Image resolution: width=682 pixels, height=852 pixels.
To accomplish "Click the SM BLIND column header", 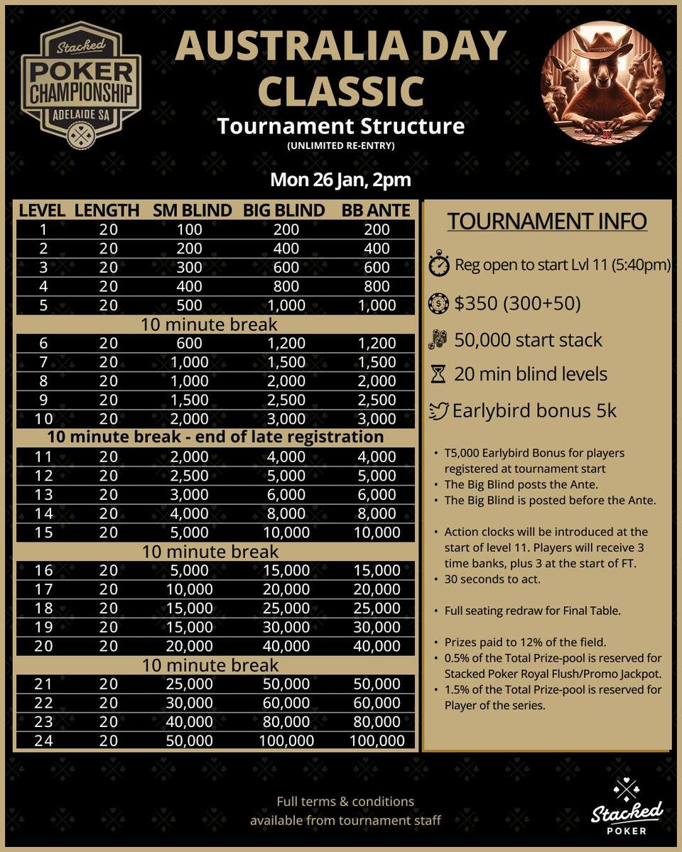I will pos(192,211).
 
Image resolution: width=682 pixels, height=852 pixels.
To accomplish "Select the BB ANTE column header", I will pos(376,211).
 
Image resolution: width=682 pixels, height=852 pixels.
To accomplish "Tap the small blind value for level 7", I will pos(190,362).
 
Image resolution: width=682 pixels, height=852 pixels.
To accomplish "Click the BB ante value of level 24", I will pos(377,741).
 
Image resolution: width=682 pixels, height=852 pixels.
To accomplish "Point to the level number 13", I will pos(44,495).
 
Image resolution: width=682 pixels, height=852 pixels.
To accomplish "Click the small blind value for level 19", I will pos(190,628).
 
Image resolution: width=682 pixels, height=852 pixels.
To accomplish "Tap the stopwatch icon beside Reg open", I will pos(438,266).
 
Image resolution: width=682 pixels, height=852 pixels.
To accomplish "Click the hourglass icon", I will pos(438,374).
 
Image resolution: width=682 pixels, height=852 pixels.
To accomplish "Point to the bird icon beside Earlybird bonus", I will pos(439,411).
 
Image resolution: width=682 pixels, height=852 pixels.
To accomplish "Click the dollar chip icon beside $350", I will pos(438,303).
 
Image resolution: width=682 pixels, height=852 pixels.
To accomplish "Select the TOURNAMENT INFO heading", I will pos(547,222).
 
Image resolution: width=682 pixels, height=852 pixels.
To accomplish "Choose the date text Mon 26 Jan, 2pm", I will pos(340,179).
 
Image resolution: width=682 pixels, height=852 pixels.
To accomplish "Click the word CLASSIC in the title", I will pos(340,91).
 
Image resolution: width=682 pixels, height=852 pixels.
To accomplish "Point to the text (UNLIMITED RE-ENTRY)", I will pos(340,146).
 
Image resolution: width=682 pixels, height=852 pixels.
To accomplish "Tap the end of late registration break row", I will pos(215,437).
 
